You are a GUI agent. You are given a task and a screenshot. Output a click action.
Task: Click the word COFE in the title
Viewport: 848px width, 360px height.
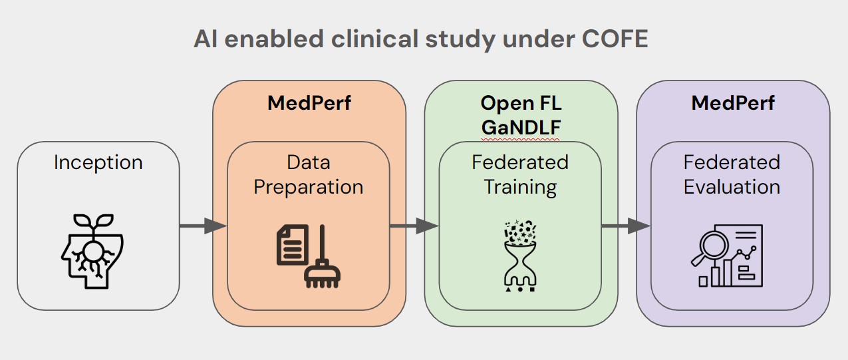pos(615,39)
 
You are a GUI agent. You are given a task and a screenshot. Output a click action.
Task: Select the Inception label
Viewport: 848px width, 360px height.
pos(98,162)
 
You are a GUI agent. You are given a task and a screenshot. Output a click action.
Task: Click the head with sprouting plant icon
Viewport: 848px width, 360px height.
pos(92,252)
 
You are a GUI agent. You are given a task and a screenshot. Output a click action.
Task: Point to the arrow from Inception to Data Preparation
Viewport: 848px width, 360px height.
pos(203,226)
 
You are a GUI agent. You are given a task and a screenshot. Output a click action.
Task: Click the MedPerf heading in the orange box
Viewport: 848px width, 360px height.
pos(309,102)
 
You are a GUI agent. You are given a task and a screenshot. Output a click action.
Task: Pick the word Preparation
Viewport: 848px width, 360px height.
pos(309,187)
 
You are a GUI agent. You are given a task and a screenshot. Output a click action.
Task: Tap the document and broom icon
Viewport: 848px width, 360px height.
pos(309,256)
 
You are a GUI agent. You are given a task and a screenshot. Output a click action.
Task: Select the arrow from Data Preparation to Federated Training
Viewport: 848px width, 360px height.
pos(414,226)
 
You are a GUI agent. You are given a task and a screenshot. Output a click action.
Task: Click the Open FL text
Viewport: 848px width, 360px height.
pos(521,103)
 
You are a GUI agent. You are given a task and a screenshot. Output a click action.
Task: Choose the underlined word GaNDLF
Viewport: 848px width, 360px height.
pos(521,127)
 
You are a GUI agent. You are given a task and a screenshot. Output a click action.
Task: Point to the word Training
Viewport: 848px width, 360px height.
pos(520,187)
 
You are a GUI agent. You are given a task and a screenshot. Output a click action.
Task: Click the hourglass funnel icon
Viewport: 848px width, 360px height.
pos(520,256)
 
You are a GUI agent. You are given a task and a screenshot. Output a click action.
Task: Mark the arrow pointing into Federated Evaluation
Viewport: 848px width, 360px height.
pos(626,226)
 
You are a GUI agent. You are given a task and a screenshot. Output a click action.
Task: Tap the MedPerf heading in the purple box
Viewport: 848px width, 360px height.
pos(733,102)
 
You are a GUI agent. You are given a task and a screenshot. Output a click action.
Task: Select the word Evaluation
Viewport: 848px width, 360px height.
pos(732,187)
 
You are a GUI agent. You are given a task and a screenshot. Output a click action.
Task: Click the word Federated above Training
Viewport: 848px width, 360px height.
pos(520,162)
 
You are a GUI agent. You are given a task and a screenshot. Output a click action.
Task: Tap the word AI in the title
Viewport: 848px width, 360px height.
pos(206,39)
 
